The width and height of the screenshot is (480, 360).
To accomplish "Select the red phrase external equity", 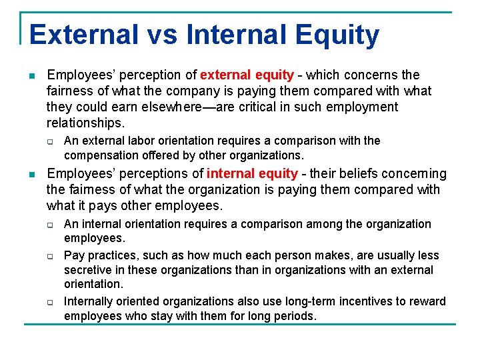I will click(247, 75).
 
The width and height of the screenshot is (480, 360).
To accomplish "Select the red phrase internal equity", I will click(252, 174).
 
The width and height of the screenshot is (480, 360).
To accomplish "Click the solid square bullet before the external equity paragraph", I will click(31, 75).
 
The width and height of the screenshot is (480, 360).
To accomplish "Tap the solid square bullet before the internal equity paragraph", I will click(31, 175).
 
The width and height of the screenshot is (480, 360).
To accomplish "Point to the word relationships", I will click(85, 123).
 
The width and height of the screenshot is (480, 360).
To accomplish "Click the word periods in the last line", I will click(295, 316).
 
